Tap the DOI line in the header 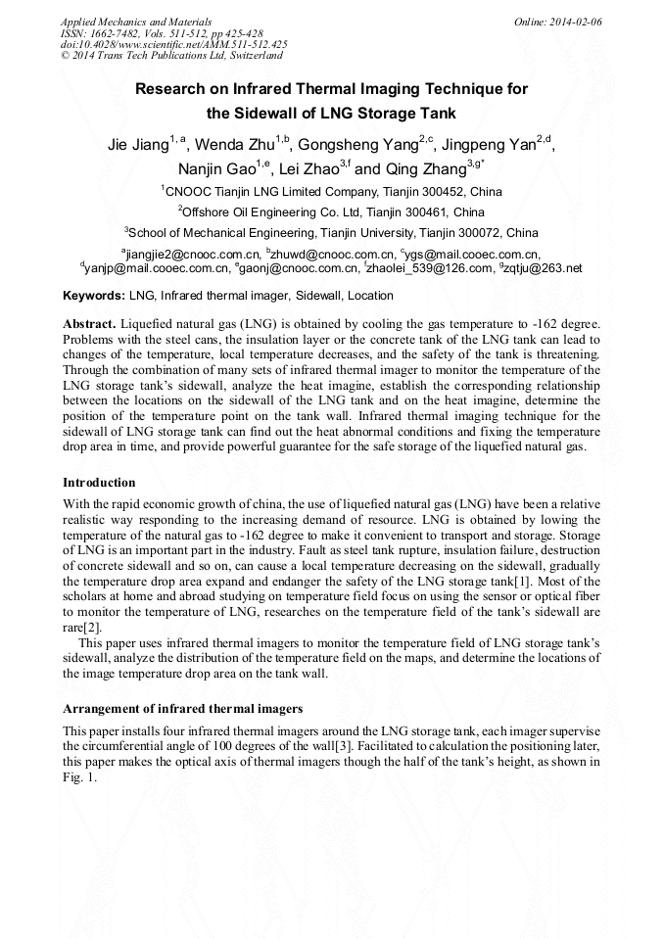[x=173, y=44]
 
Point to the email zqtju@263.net [x=544, y=267]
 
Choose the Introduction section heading [x=99, y=483]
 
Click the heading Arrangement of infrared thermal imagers [x=182, y=708]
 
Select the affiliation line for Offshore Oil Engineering [x=331, y=211]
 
